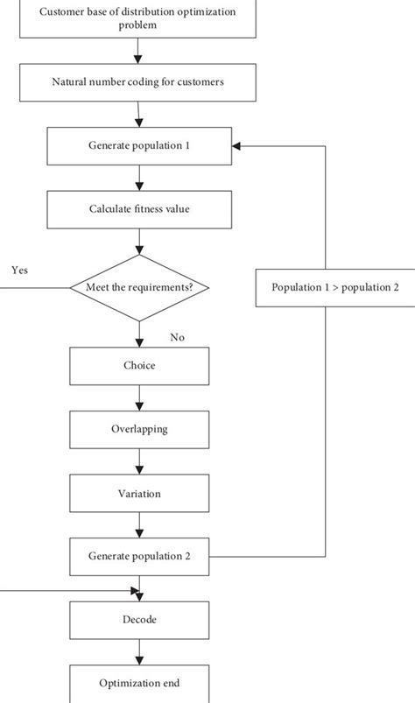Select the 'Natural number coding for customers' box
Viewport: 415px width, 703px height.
[x=138, y=82]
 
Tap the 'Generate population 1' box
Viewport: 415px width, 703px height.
[x=138, y=145]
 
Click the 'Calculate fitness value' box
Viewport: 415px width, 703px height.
[x=138, y=209]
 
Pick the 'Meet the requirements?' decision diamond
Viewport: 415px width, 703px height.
[x=138, y=287]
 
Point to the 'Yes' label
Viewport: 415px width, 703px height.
[x=19, y=271]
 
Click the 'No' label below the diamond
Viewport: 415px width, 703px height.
[x=178, y=337]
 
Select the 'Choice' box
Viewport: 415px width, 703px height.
[x=138, y=365]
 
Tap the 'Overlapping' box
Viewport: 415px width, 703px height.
[x=138, y=430]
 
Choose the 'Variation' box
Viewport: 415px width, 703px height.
[x=138, y=494]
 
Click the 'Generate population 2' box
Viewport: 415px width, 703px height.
[x=138, y=556]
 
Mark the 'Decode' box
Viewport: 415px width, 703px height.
[x=138, y=619]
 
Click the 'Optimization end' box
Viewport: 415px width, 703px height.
[x=138, y=683]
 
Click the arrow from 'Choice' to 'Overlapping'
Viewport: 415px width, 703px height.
[x=138, y=397]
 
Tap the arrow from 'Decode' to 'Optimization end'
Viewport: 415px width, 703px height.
[x=138, y=651]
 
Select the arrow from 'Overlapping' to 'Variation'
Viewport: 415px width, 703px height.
[x=138, y=461]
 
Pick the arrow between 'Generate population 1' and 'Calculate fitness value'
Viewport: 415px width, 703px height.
[x=138, y=178]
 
